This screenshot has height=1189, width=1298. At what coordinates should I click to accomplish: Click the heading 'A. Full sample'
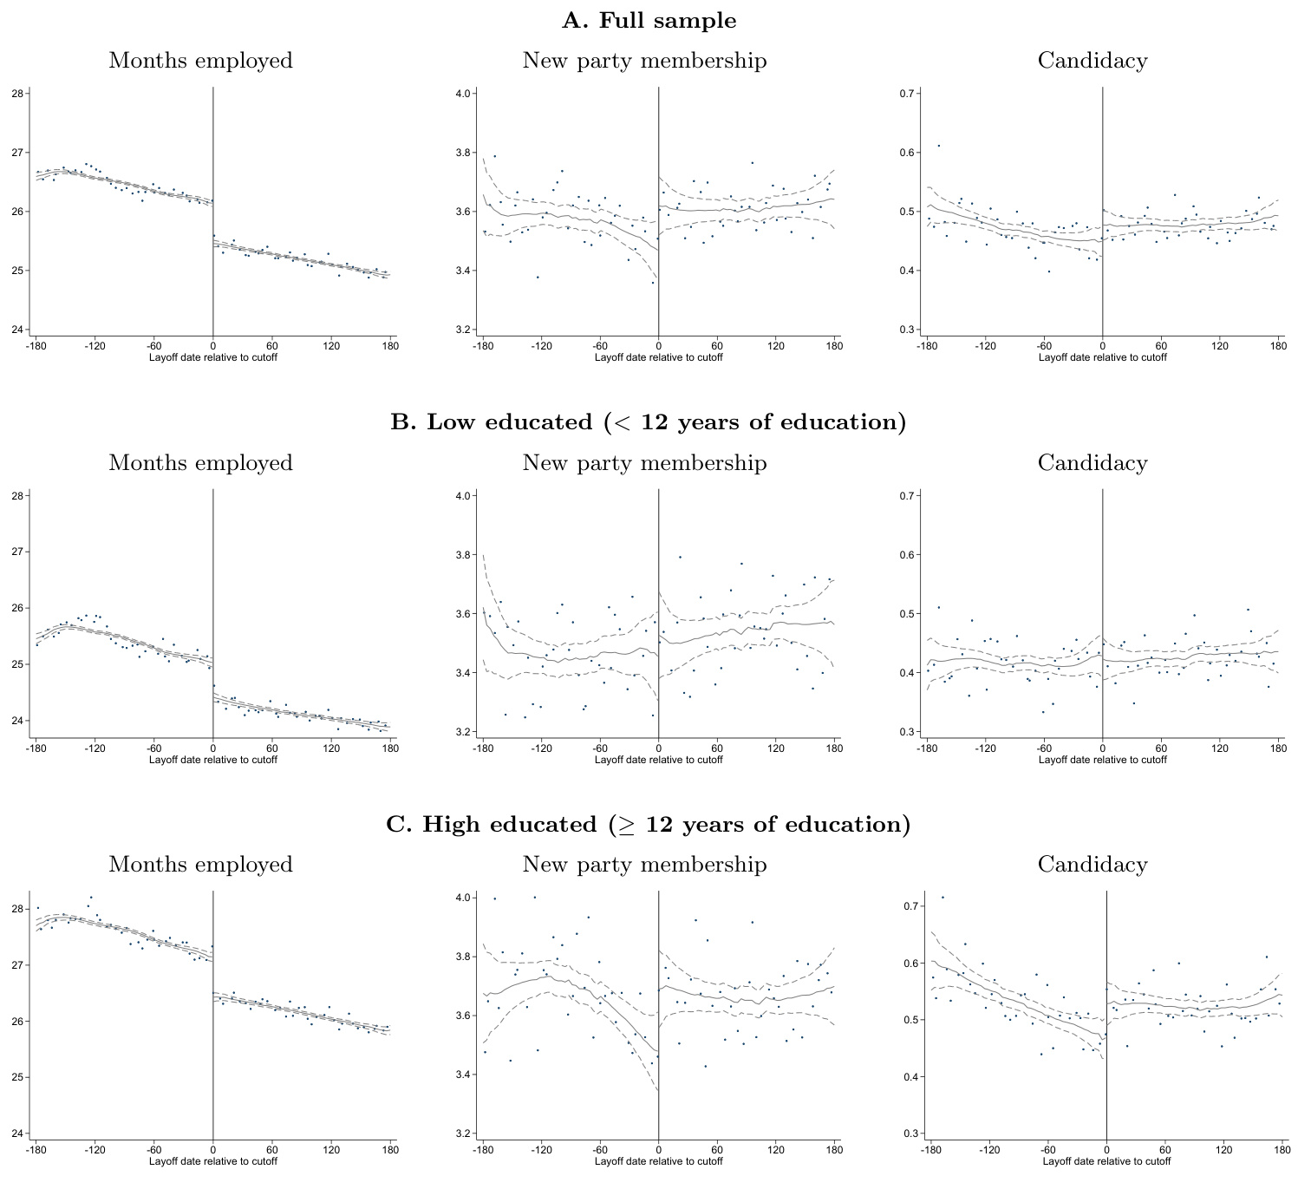point(649,21)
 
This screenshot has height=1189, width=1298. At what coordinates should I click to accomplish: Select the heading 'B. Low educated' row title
point(649,422)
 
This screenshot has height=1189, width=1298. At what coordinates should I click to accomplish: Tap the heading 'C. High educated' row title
point(649,824)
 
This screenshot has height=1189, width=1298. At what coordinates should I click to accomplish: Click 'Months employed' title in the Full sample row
point(200,61)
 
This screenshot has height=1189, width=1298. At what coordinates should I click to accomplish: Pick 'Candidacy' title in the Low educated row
point(1093,463)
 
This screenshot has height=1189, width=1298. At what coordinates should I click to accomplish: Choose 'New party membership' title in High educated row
point(644,865)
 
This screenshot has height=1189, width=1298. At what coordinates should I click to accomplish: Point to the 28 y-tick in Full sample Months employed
point(17,94)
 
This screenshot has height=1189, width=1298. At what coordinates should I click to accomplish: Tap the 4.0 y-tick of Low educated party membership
point(464,496)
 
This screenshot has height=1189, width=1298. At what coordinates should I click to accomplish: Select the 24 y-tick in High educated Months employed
point(17,1133)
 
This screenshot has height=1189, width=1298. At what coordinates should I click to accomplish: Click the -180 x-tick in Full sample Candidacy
point(927,346)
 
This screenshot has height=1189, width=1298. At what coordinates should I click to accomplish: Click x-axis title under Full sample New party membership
point(658,357)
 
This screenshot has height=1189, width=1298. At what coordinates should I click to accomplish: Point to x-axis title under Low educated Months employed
point(213,760)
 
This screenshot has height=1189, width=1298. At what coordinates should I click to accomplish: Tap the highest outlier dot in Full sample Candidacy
point(938,146)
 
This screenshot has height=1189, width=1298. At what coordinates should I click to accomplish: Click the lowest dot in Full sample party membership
point(653,282)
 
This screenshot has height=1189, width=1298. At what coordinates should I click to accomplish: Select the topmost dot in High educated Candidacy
point(943,898)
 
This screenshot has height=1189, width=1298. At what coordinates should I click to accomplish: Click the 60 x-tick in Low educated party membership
point(717,748)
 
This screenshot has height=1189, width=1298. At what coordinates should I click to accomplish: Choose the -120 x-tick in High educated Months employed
point(95,1150)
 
